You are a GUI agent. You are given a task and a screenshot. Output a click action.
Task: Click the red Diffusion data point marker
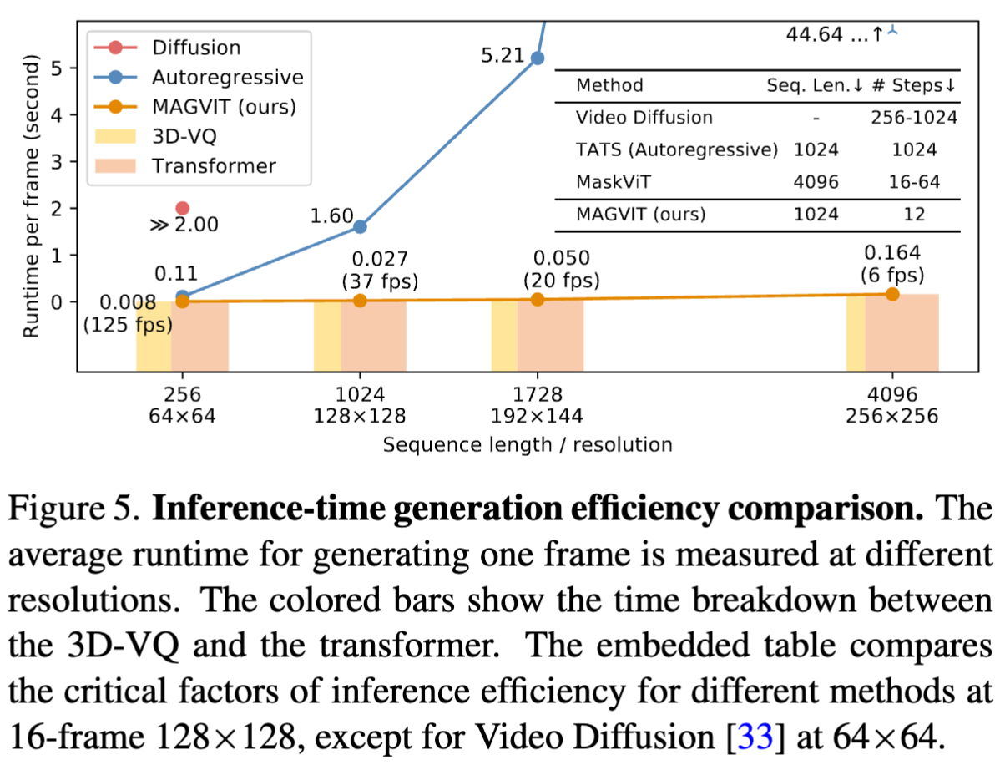(183, 208)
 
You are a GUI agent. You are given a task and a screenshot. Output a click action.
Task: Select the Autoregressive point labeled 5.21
(538, 58)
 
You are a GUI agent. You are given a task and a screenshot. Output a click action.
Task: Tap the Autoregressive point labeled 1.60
(360, 226)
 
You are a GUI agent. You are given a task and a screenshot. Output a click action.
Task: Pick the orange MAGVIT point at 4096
(892, 294)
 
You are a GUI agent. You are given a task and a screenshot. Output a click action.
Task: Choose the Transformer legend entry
(213, 165)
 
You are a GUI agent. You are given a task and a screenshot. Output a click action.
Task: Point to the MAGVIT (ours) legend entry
(225, 107)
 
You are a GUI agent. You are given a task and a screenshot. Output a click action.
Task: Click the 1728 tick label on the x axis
(538, 394)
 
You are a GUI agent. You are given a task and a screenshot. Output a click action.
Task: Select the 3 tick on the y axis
(58, 161)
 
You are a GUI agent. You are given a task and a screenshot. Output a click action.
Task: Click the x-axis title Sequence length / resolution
(528, 443)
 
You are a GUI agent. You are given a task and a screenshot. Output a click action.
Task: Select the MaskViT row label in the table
(613, 181)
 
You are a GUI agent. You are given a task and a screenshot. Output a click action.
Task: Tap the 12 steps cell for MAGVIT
(914, 214)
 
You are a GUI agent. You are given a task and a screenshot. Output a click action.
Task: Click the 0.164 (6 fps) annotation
(892, 263)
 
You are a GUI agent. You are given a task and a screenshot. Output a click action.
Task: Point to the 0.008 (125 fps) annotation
(128, 314)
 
